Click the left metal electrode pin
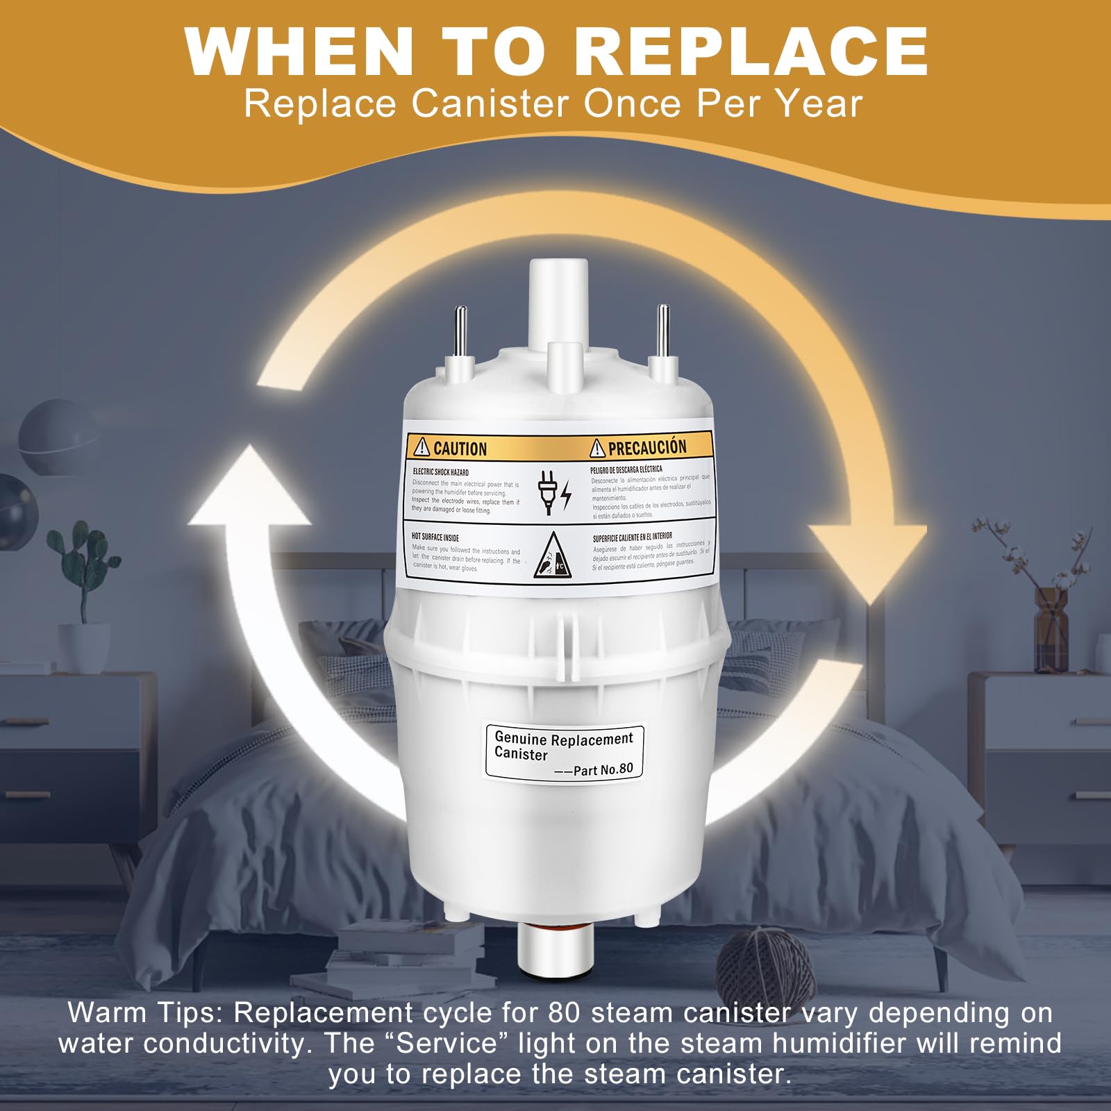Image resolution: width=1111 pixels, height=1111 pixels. (x=460, y=333)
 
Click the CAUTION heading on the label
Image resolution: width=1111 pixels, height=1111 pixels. (x=459, y=449)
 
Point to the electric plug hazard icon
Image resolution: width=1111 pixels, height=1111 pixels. (x=553, y=492)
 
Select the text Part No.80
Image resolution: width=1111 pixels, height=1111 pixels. (x=603, y=769)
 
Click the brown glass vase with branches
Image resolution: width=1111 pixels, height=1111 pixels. (x=1050, y=618)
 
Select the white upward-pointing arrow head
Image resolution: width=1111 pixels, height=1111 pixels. (x=249, y=486)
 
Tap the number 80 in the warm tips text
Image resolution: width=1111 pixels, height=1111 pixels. (x=564, y=1012)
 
